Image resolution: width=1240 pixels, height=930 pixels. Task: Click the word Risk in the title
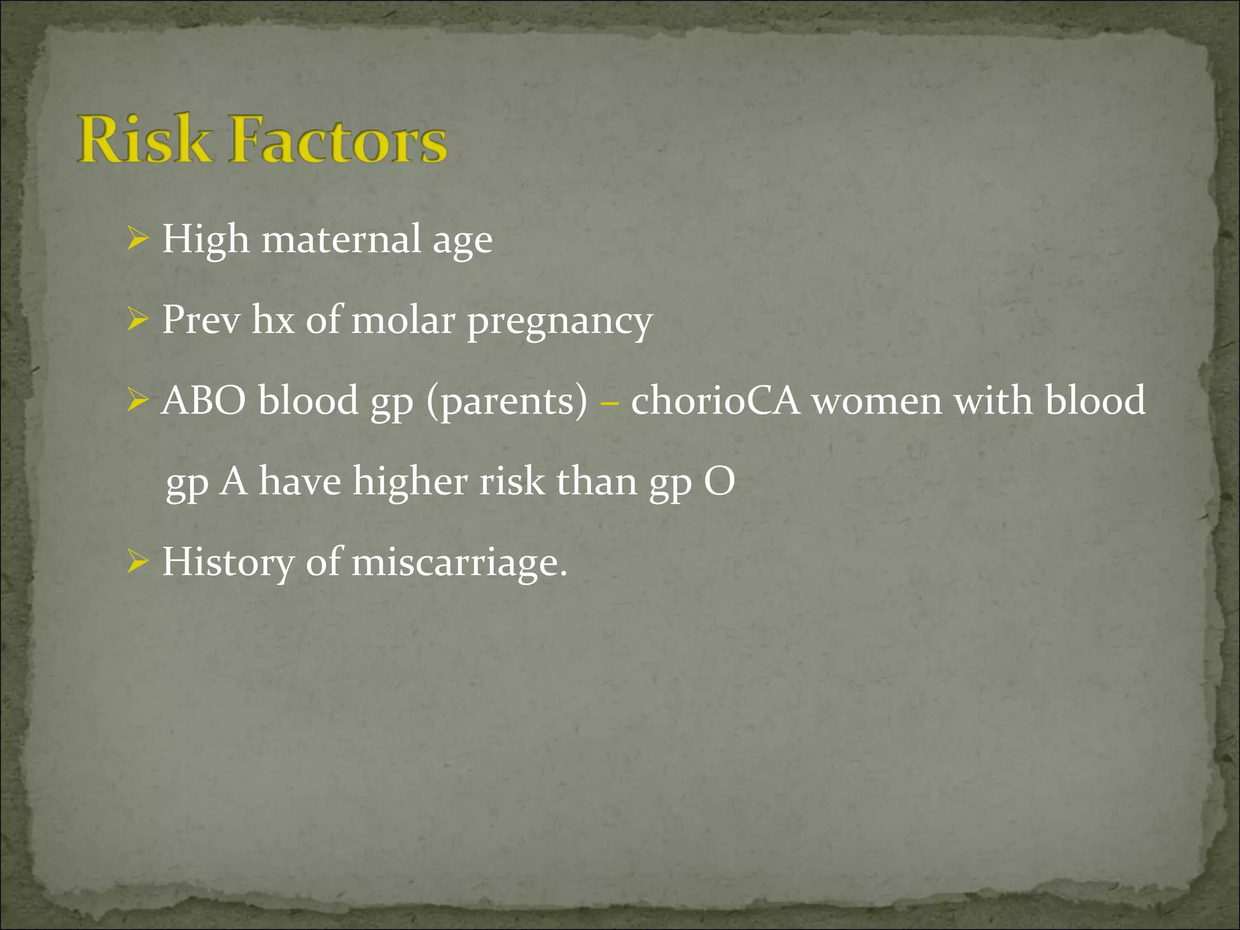(x=145, y=140)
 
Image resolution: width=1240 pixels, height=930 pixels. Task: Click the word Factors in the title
(x=340, y=140)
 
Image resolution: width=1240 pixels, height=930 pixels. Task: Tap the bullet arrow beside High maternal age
(x=138, y=240)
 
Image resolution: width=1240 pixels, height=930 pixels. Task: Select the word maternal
(x=341, y=239)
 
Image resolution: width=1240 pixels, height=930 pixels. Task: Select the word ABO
(x=204, y=400)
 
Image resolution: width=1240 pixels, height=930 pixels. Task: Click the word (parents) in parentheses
(x=507, y=401)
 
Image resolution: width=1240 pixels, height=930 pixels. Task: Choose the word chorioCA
(x=715, y=400)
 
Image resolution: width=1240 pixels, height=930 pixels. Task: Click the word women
(x=877, y=401)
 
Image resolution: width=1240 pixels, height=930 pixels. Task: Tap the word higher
(x=410, y=483)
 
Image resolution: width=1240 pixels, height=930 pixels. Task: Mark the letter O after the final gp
(x=719, y=483)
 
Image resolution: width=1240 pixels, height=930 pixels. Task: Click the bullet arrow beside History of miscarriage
(x=138, y=562)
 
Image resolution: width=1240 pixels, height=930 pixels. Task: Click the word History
(x=228, y=564)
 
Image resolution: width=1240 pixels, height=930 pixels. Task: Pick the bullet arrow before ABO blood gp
(x=138, y=401)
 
